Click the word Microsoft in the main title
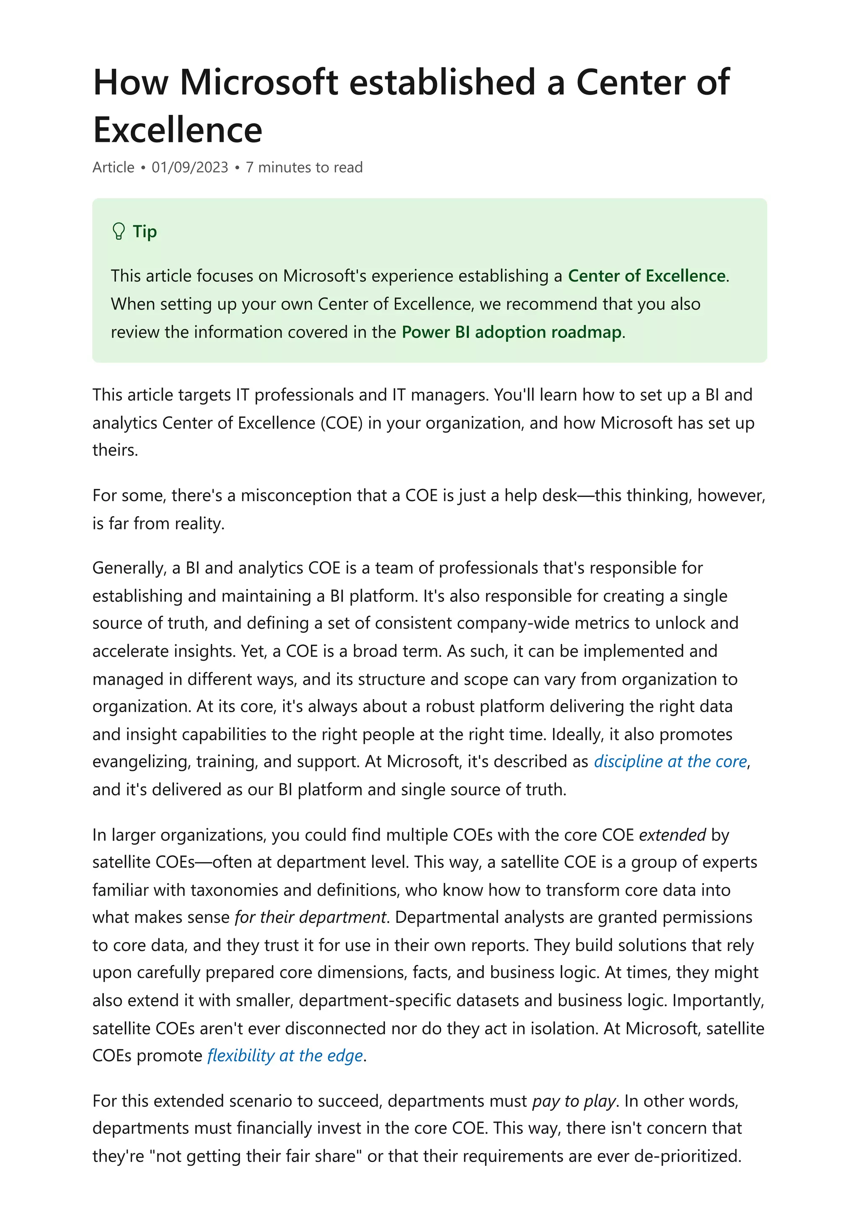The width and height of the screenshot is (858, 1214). [x=258, y=83]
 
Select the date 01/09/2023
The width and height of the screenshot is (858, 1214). [x=190, y=168]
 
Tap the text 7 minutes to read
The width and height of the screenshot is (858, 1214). [x=304, y=168]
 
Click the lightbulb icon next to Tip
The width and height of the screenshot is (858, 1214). [x=119, y=232]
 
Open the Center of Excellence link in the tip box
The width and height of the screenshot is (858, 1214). [x=646, y=276]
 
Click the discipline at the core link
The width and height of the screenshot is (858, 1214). [x=670, y=762]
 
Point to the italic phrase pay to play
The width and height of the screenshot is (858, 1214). [x=574, y=1101]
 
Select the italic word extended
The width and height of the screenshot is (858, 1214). [x=672, y=835]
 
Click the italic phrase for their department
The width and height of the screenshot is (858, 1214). [x=310, y=917]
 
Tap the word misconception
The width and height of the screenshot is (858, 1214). [x=299, y=496]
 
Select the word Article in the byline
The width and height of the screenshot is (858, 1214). [x=113, y=168]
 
